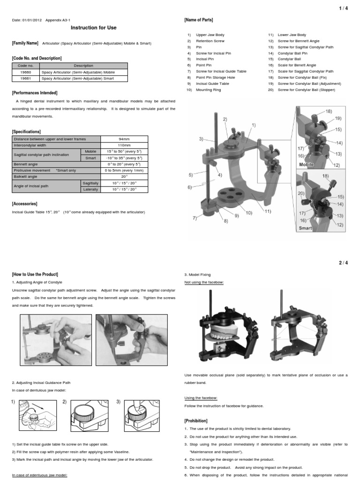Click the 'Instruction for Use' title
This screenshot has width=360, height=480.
pos(94,28)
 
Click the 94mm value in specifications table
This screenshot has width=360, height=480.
pos(124,139)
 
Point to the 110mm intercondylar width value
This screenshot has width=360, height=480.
pos(124,145)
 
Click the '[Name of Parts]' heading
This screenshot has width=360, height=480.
pos(199,20)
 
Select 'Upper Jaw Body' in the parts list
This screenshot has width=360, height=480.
pos(210,35)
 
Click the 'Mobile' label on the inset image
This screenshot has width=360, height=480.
pos(306,165)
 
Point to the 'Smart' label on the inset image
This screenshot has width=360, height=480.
pos(305,228)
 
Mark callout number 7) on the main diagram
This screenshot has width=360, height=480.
pos(194,218)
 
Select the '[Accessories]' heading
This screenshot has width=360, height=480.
pos(24,204)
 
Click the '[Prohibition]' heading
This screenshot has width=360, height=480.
pos(196,421)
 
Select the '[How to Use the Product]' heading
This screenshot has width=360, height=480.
pos(35,274)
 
